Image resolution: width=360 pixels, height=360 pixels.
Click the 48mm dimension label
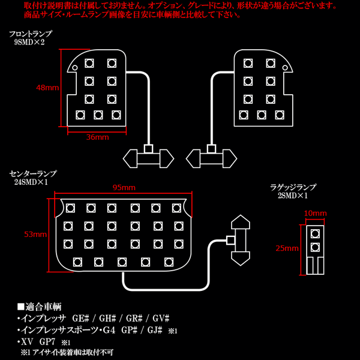pos(47,88)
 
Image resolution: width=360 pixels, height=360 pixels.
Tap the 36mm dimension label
pos(97,137)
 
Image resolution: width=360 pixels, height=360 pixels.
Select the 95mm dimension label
pos(124,188)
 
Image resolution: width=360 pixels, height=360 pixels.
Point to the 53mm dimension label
pos(35,234)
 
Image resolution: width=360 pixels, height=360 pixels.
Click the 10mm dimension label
pos(315,213)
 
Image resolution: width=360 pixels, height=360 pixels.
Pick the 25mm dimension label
pos(287,248)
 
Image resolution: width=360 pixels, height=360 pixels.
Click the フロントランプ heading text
pos(31,34)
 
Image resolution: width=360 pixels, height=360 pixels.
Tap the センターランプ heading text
pos(32,174)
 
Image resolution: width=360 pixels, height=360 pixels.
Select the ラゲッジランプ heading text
pos(293,187)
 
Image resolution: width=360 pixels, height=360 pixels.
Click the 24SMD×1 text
pos(31,182)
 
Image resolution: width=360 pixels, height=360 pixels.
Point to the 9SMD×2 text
pos(29,42)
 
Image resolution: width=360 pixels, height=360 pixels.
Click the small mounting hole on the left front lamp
pos(75,67)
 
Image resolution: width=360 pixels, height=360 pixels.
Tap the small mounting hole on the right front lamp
pos(284,67)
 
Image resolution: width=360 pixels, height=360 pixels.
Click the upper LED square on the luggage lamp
pos(315,234)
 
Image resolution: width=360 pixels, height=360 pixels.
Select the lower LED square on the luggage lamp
pos(315,247)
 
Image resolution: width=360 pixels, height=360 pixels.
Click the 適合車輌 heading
pos(39,307)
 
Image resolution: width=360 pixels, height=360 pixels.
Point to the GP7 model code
pos(47,342)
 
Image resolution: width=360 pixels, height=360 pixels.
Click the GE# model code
pos(80,319)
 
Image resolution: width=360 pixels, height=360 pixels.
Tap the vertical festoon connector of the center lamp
pos(241,240)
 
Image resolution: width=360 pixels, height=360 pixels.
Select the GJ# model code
pos(155,330)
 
